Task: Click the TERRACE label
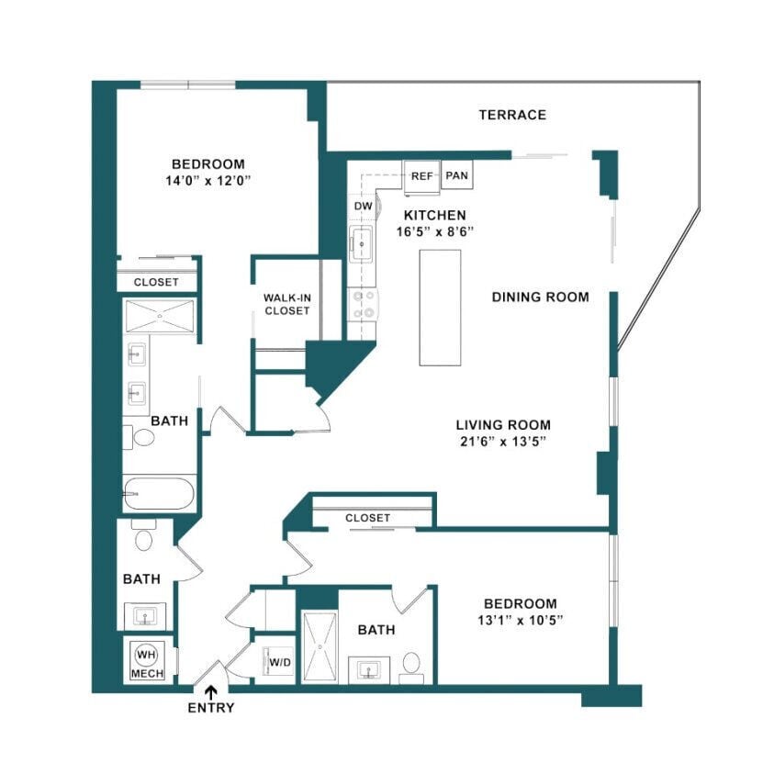pyautogui.click(x=512, y=115)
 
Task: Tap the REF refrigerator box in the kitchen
pyautogui.click(x=421, y=175)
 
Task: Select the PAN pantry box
pyautogui.click(x=456, y=175)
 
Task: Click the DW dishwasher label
pyautogui.click(x=363, y=207)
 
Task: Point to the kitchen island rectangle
pyautogui.click(x=441, y=307)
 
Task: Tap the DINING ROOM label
pyautogui.click(x=540, y=297)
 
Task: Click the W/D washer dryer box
pyautogui.click(x=277, y=661)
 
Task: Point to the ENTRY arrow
pyautogui.click(x=211, y=691)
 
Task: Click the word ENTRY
pyautogui.click(x=211, y=708)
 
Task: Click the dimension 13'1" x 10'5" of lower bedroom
pyautogui.click(x=520, y=620)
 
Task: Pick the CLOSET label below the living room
pyautogui.click(x=367, y=518)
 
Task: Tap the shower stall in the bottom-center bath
pyautogui.click(x=320, y=645)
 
